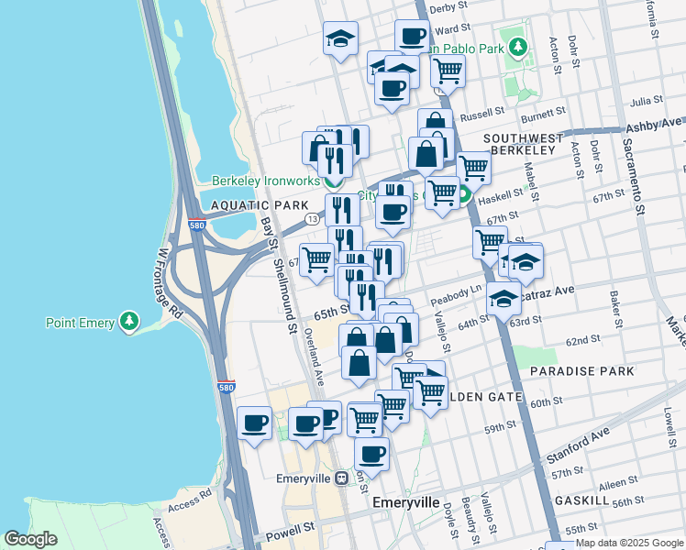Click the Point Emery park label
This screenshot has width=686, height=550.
(x=81, y=323)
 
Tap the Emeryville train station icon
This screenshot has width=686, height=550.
(x=341, y=478)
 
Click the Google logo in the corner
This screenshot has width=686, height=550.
(x=30, y=539)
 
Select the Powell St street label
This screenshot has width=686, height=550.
(x=291, y=532)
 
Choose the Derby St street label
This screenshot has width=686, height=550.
(x=449, y=7)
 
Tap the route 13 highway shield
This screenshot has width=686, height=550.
(x=313, y=218)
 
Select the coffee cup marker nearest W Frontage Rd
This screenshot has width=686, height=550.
(x=254, y=423)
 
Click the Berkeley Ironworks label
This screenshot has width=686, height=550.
(x=263, y=181)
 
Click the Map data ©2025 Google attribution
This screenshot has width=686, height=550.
(x=629, y=543)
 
